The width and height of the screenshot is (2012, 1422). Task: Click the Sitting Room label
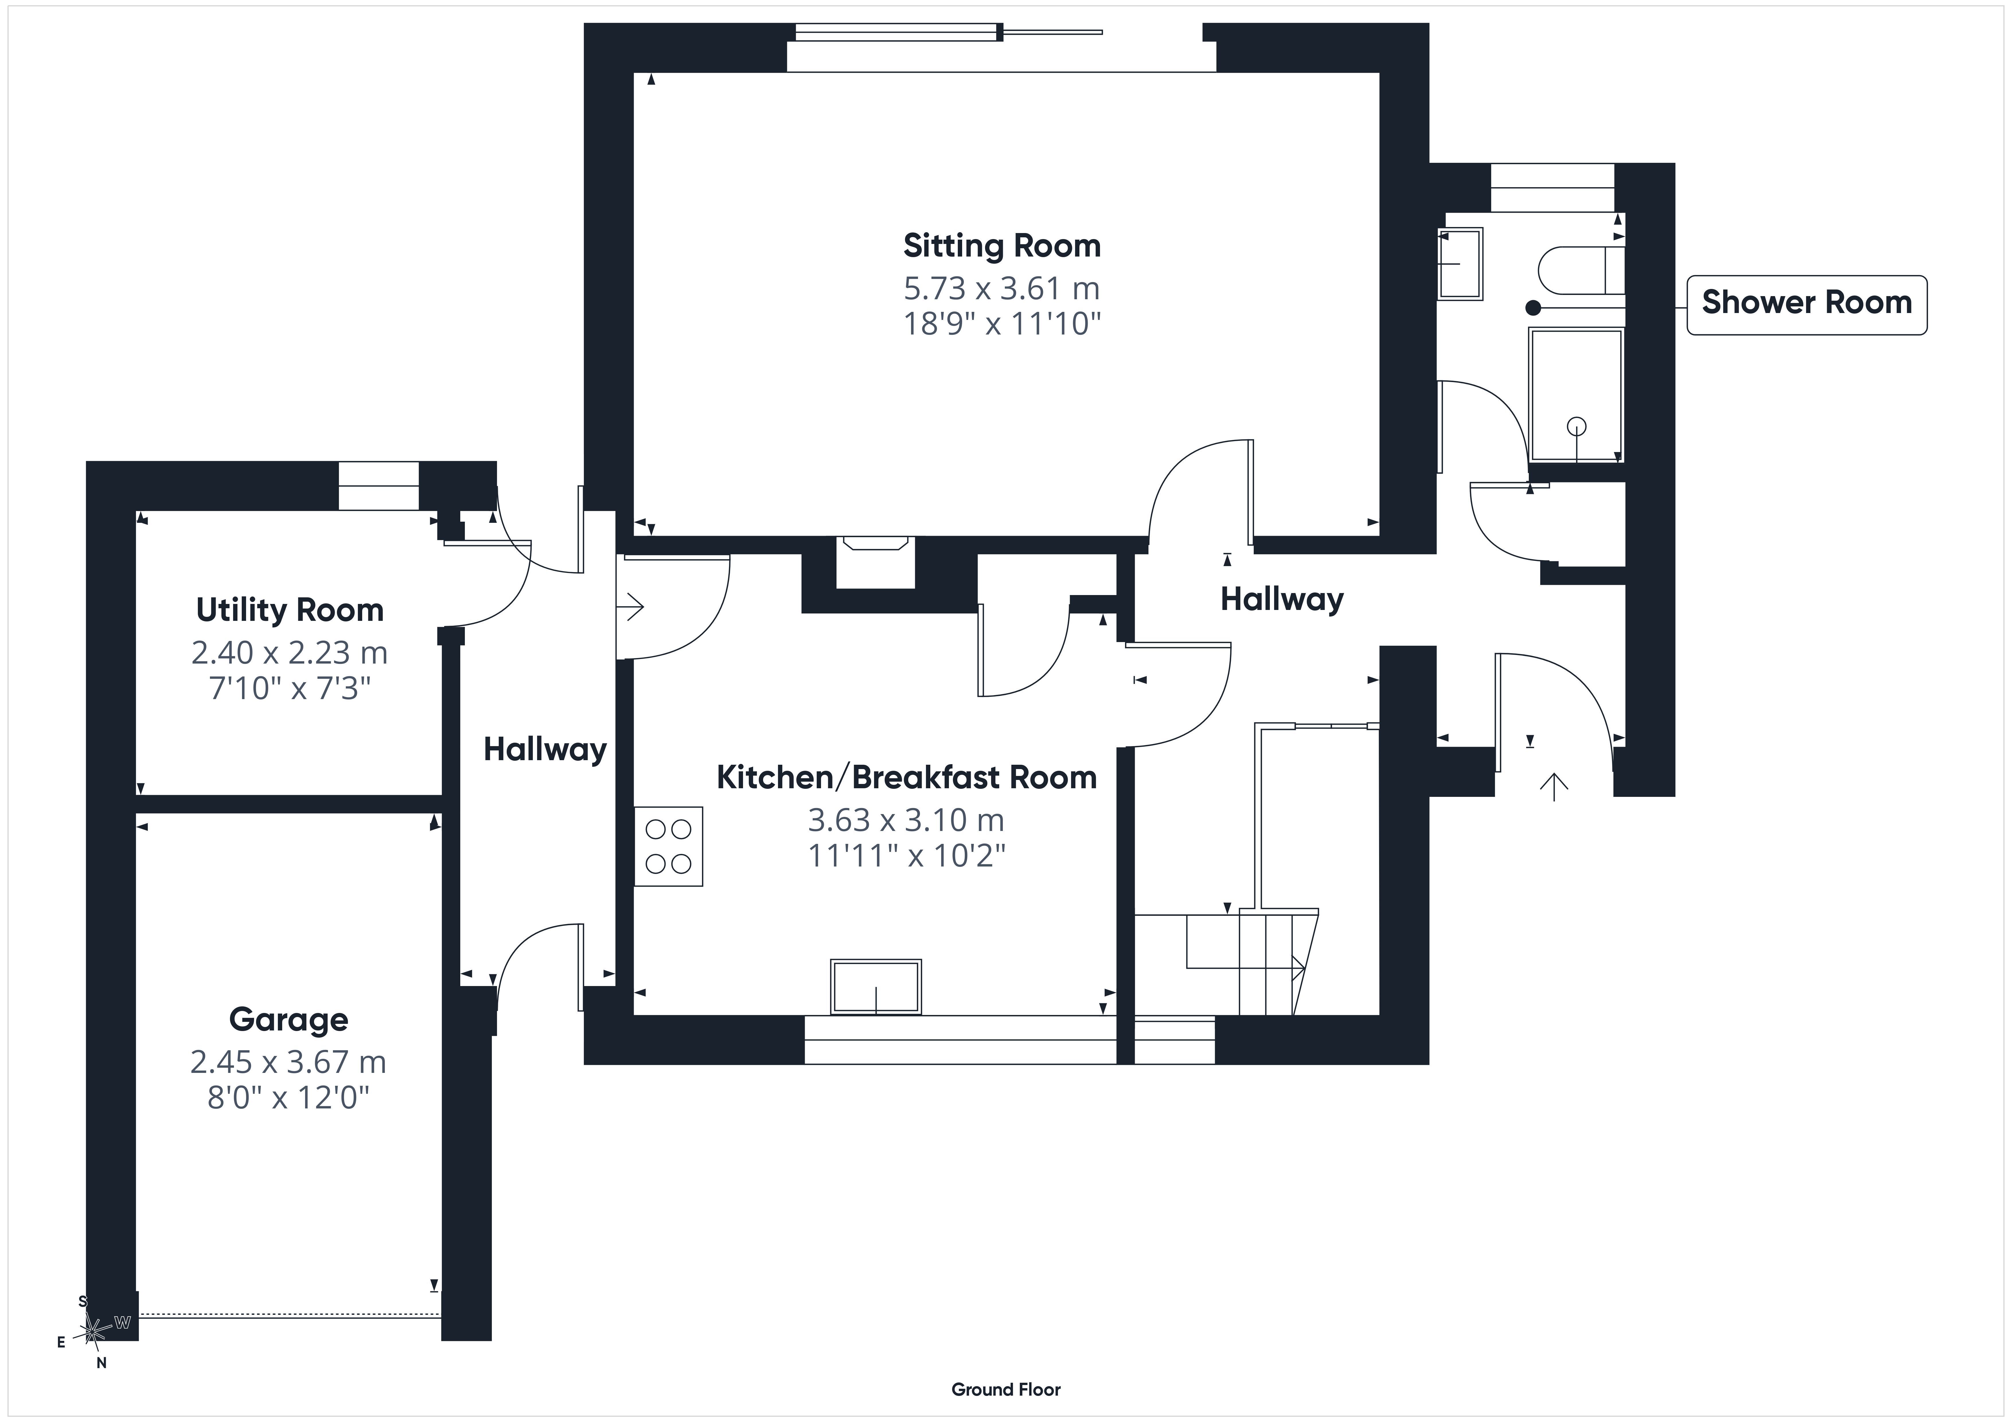pos(1002,246)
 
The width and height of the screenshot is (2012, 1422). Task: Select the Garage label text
pos(288,1020)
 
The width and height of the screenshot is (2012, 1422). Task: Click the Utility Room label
pos(290,610)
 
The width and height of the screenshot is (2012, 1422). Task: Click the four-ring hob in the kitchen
pos(669,846)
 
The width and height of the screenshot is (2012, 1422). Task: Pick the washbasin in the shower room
pos(1460,264)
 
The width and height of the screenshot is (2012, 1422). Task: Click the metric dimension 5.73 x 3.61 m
pos(1002,288)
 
